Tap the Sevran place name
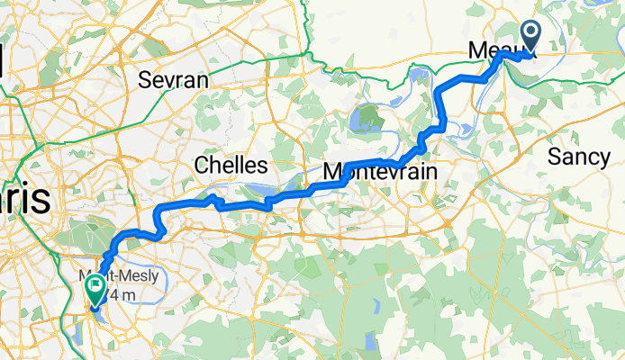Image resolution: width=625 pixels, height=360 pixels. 174,79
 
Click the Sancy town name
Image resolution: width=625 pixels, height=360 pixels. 579,157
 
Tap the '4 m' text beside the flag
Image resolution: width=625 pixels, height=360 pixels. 123,294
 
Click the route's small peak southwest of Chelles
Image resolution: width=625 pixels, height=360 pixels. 212,197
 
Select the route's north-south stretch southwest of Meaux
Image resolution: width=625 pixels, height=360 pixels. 441,106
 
